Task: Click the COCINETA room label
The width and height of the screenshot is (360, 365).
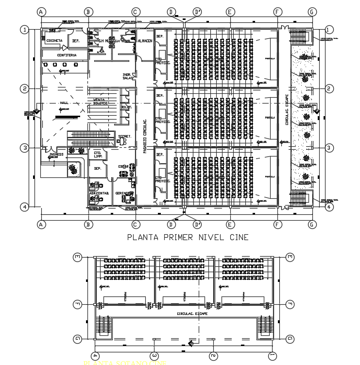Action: (x=54, y=41)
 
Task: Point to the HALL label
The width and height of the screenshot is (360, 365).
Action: (x=64, y=103)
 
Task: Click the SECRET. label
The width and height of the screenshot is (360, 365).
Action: (x=123, y=136)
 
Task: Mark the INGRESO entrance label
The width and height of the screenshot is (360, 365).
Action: (x=56, y=155)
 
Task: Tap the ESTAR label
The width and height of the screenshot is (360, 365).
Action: (x=122, y=167)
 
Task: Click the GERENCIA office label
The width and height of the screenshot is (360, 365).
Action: (x=123, y=193)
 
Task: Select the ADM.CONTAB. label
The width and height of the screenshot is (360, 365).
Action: (x=100, y=193)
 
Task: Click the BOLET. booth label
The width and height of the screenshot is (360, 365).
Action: (x=126, y=107)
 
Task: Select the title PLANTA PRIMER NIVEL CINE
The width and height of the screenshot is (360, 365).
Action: (x=188, y=237)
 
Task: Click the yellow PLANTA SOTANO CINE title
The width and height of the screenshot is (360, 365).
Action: (x=125, y=363)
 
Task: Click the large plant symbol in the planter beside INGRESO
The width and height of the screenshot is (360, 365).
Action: (x=73, y=168)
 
